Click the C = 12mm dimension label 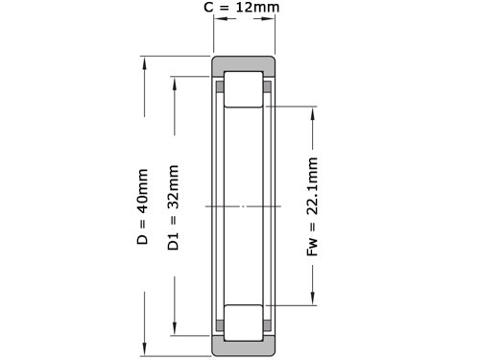point(242,7)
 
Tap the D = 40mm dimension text point(142,206)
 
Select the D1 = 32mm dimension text point(173,207)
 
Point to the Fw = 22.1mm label point(312,206)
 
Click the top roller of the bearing point(244,89)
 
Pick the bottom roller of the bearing point(244,323)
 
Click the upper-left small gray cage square point(220,86)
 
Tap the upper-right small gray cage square point(267,86)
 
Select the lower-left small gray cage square point(220,325)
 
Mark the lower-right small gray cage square point(267,325)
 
